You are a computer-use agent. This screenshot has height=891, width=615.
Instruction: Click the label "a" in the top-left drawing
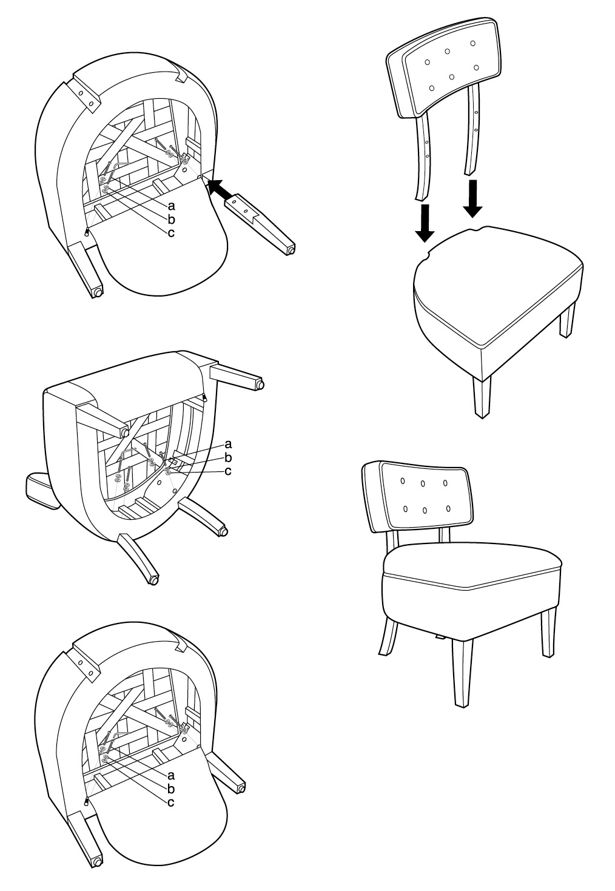coord(172,206)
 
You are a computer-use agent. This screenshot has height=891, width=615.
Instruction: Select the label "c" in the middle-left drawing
coord(228,471)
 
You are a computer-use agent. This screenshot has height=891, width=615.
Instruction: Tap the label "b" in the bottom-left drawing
coord(172,788)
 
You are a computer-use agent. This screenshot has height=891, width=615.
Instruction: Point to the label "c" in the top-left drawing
coord(172,233)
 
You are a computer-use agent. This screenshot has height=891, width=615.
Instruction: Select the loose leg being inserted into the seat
coord(261,224)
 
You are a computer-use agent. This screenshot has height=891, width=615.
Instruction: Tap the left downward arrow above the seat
coord(425,223)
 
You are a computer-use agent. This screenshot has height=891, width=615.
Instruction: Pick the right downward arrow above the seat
coord(472,198)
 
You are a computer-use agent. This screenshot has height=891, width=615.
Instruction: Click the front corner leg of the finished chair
coord(461,673)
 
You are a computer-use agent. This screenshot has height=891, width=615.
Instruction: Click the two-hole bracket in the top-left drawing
coord(85,97)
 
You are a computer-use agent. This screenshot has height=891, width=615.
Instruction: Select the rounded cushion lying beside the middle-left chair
coord(41,490)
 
